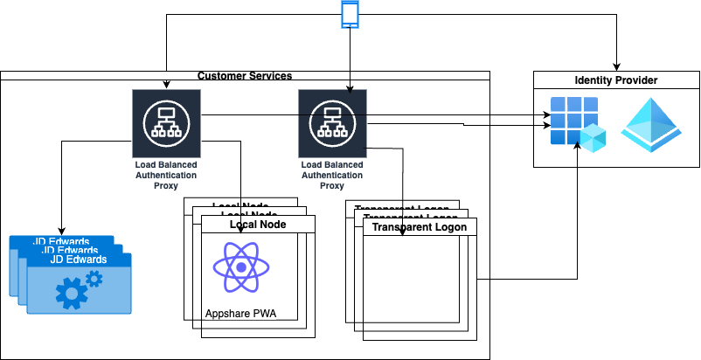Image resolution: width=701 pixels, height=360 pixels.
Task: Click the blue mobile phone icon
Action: tap(350, 15)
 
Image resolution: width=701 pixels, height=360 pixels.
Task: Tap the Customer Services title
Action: tap(245, 76)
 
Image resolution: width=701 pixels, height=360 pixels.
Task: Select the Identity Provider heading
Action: tap(616, 80)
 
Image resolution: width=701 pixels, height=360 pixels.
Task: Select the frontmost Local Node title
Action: tap(258, 225)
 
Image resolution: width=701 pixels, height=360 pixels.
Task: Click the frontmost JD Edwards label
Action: tap(79, 260)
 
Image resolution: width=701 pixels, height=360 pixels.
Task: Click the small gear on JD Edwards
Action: tap(93, 278)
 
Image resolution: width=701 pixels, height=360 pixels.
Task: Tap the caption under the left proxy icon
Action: tap(165, 174)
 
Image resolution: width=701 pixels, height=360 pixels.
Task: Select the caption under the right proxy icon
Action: tap(332, 174)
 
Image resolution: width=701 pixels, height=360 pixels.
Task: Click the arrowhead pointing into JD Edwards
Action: tap(61, 229)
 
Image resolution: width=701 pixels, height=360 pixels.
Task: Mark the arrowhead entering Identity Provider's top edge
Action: tap(616, 67)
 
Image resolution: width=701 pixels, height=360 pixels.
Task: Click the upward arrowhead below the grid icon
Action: tap(576, 150)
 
